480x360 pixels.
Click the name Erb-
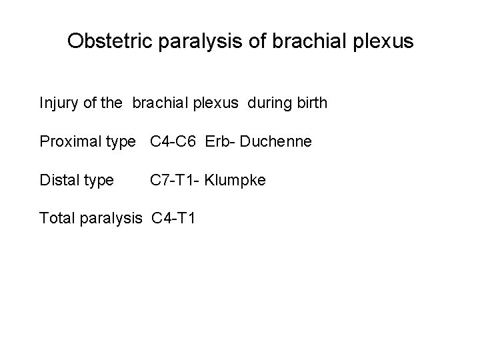point(221,141)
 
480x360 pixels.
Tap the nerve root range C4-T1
point(173,217)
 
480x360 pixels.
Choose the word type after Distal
point(98,180)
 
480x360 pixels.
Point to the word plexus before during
point(224,104)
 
